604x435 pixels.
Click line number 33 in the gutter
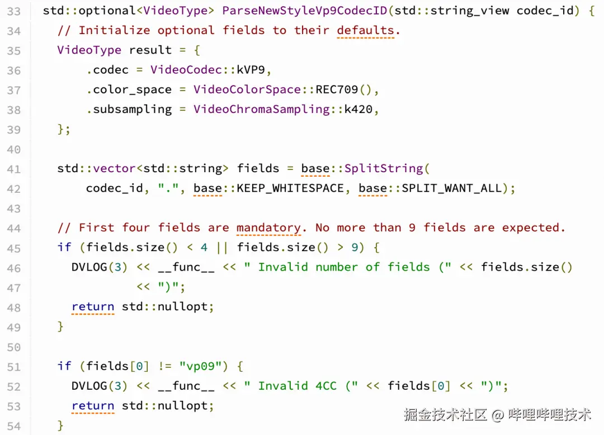click(14, 11)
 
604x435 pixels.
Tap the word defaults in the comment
click(365, 30)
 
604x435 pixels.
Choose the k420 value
click(358, 109)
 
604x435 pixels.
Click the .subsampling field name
click(129, 109)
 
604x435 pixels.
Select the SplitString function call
click(384, 168)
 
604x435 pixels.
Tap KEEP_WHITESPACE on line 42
click(290, 188)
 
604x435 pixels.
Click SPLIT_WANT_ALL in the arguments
click(452, 188)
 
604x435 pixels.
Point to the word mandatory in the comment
click(268, 228)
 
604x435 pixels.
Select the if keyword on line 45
click(64, 247)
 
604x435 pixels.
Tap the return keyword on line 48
click(93, 306)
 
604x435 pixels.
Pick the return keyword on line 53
click(93, 405)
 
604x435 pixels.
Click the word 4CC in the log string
click(326, 386)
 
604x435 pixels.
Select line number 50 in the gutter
click(14, 347)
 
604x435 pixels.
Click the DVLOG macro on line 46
click(89, 267)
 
